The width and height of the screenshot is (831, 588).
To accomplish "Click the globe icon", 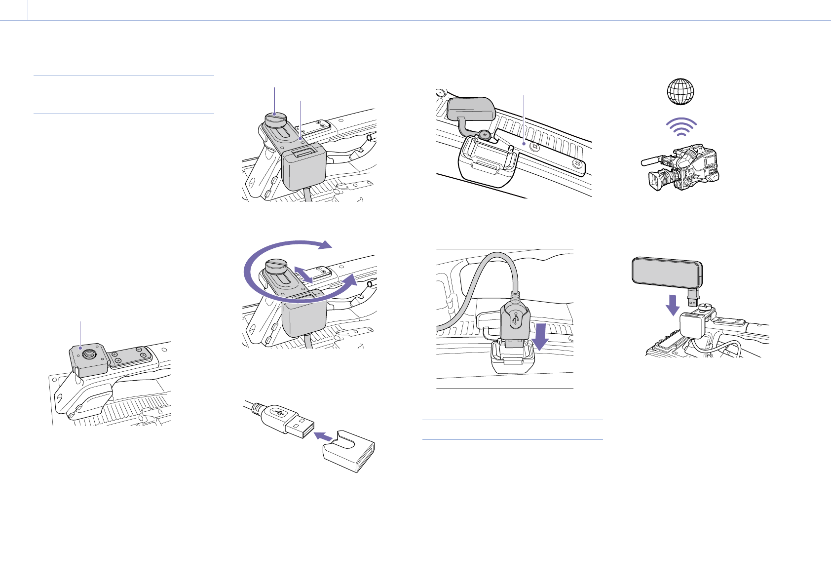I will (680, 92).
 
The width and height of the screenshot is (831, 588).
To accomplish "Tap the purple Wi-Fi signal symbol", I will (680, 128).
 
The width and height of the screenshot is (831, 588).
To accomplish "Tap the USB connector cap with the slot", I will (349, 451).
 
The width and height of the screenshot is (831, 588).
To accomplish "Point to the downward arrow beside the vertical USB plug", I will (542, 336).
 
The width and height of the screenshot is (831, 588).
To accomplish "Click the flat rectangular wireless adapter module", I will (667, 272).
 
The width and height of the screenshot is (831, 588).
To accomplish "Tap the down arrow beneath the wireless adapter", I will (672, 305).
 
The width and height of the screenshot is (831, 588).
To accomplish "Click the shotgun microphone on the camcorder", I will (651, 159).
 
